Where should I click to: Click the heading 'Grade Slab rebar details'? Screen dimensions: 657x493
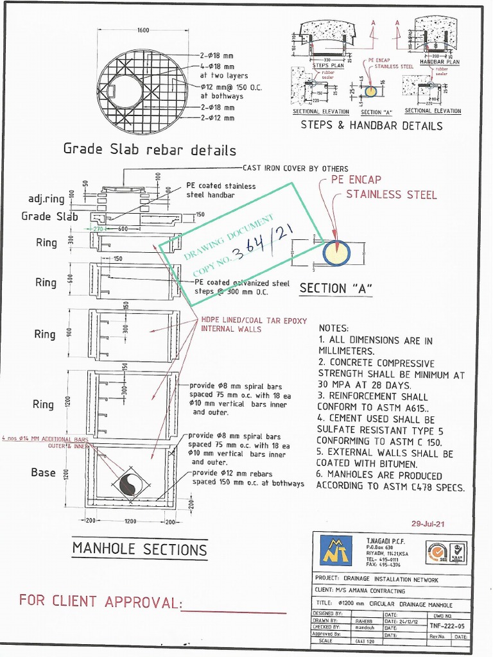tap(149, 150)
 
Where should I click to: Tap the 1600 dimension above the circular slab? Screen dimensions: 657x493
tap(143, 30)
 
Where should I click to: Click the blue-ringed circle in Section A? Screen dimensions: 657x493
tap(336, 253)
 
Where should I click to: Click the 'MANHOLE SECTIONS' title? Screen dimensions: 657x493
tap(139, 549)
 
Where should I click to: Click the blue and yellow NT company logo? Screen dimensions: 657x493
tap(336, 550)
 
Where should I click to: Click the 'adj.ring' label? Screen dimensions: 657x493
tap(46, 199)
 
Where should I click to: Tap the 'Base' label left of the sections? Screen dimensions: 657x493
tap(43, 472)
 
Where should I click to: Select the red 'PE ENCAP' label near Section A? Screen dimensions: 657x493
tap(356, 180)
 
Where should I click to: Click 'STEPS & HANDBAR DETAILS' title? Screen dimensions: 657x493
tap(372, 126)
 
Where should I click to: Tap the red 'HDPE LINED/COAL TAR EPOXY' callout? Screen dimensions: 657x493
tap(254, 320)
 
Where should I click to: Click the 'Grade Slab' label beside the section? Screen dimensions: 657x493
tap(49, 216)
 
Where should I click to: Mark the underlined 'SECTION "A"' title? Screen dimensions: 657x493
tap(336, 289)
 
